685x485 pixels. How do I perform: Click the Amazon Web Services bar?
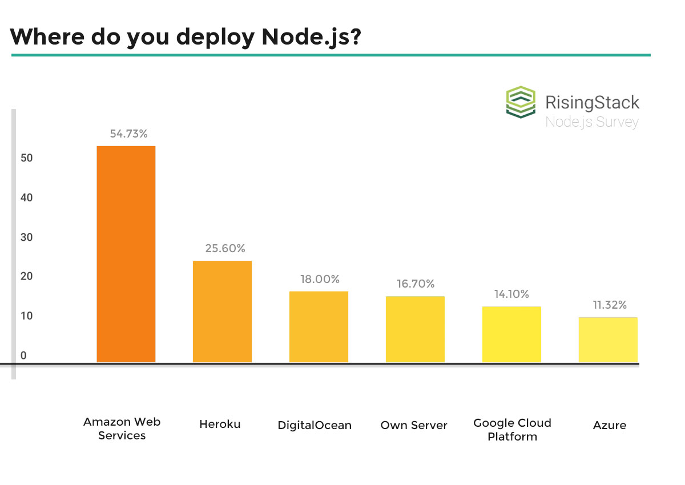point(126,254)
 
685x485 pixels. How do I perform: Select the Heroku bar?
point(222,312)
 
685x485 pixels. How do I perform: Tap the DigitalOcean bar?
point(319,327)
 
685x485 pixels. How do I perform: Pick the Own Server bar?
point(415,329)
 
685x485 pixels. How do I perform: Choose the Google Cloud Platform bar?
point(511,334)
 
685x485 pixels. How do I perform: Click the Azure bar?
point(608,339)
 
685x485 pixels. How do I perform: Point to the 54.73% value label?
point(129,134)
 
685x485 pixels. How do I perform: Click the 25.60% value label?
point(225,249)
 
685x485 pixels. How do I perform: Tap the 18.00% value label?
point(320,280)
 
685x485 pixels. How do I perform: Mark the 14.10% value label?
point(511,294)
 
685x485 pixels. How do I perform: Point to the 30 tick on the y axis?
point(26,237)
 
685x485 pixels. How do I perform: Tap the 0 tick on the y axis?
point(23,355)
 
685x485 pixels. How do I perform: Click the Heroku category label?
point(220,425)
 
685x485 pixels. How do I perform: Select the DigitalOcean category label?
point(315,426)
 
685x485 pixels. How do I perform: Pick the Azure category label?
point(609,425)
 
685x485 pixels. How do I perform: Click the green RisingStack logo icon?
point(521,102)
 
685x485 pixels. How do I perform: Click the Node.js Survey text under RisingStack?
point(591,122)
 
